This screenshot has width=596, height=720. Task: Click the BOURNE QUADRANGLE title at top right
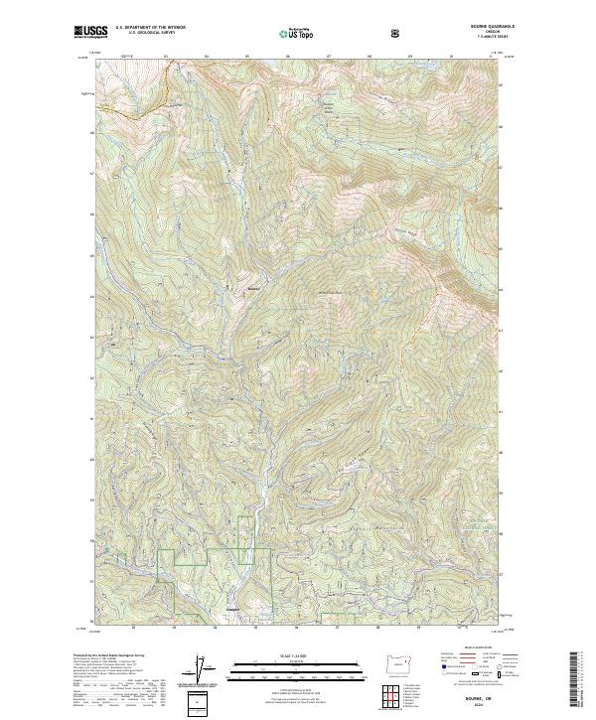[x=471, y=27]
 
